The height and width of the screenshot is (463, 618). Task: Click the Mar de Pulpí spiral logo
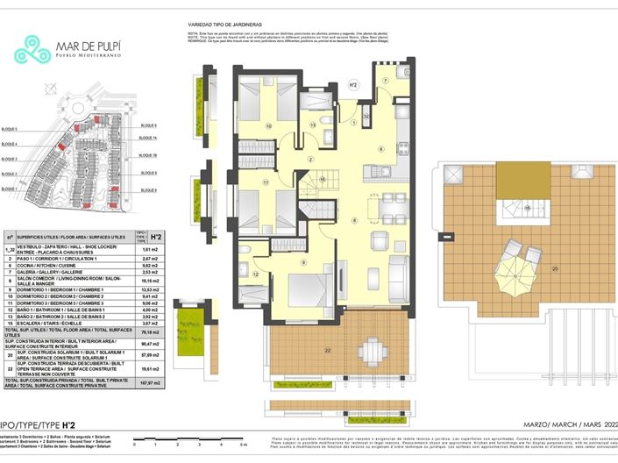tap(32, 50)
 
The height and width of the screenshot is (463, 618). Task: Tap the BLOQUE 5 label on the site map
tap(10, 129)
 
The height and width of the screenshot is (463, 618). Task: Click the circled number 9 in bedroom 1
tap(303, 261)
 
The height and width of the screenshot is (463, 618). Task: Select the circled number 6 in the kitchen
tap(380, 149)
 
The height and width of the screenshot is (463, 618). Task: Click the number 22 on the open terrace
tap(279, 352)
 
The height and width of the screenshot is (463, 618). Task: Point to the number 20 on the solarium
tap(554, 267)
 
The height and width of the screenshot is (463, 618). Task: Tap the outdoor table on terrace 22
tap(370, 353)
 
